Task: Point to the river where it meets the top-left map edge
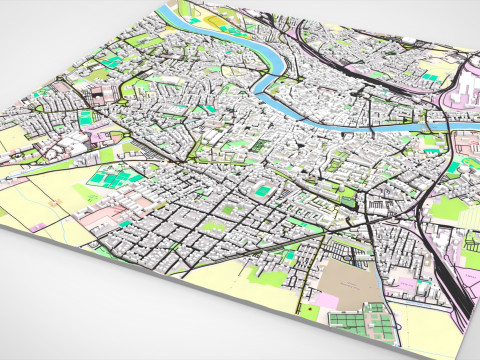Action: click(x=171, y=13)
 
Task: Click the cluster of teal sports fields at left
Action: click(x=110, y=180)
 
